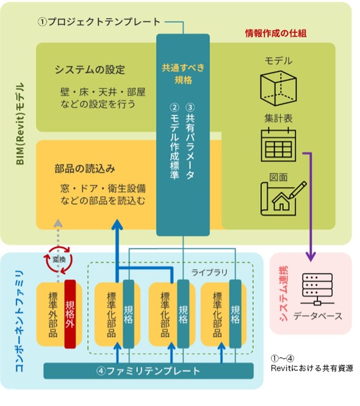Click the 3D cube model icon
coord(278,88)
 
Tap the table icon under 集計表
coord(278,145)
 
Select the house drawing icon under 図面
coord(283,199)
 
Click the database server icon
coord(317,290)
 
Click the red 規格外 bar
coord(70,314)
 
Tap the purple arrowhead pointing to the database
coord(311,257)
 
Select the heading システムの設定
coord(90,69)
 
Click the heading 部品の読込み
coord(85,169)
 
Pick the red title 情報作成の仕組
coord(276,33)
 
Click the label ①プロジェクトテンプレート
coord(99,22)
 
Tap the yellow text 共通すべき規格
coord(183,74)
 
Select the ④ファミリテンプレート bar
coord(148,371)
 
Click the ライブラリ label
coord(209,272)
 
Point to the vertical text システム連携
coord(284,293)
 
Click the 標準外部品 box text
coord(53,315)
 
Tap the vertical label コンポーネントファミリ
coord(20,321)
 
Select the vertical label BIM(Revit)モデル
coord(20,124)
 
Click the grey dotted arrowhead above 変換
coord(59,223)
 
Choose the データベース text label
coord(318,316)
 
